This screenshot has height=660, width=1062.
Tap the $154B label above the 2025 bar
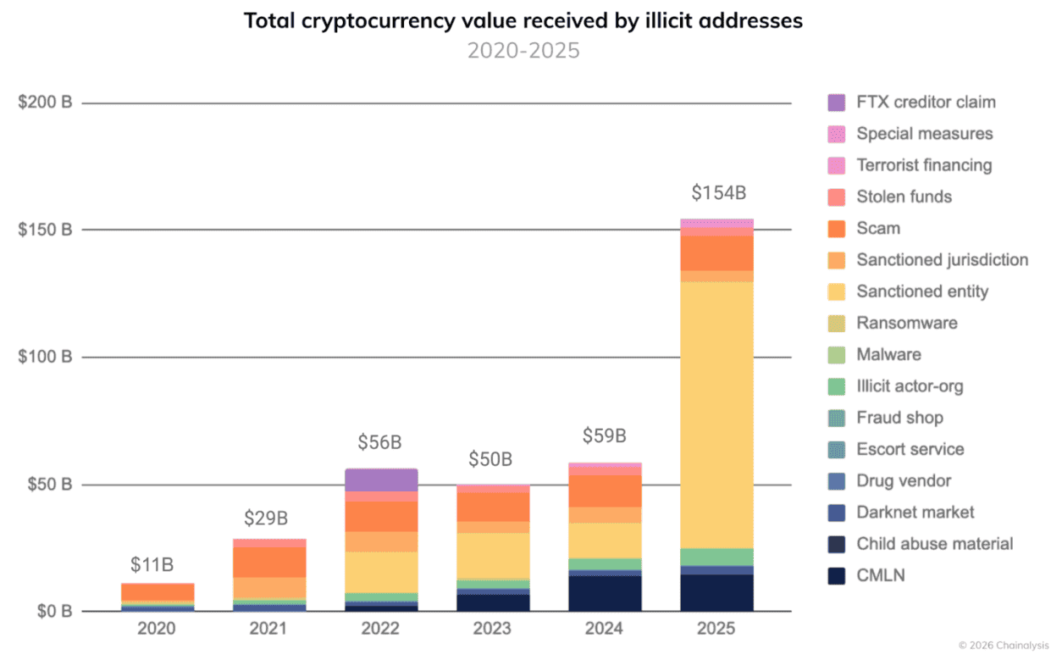tap(718, 193)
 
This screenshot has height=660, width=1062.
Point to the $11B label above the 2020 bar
tap(152, 565)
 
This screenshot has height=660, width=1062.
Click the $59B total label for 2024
tap(604, 436)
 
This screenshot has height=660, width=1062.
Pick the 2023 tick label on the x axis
tap(492, 629)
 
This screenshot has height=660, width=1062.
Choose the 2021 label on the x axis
tap(268, 629)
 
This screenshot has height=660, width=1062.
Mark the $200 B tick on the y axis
tap(45, 103)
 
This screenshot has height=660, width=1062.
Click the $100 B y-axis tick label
tap(45, 357)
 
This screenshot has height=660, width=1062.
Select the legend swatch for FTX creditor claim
tap(837, 103)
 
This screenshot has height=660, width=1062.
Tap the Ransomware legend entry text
tap(906, 323)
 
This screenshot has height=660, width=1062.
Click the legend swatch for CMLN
tap(837, 576)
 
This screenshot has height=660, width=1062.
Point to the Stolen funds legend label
tap(904, 197)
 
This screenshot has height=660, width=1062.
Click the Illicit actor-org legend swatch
tap(837, 386)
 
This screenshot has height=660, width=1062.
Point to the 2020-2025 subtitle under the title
tap(523, 50)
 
